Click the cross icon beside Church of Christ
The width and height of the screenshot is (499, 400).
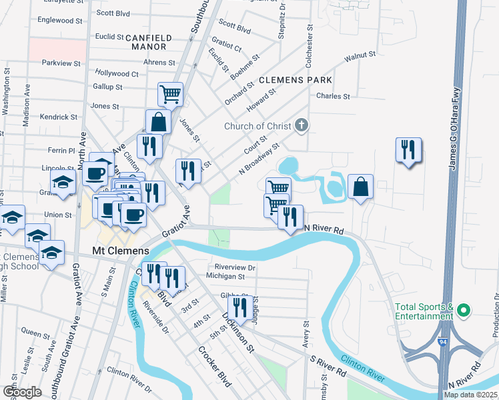click(x=302, y=125)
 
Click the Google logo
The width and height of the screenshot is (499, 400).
click(x=22, y=392)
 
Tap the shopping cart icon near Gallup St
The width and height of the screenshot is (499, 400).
click(x=171, y=94)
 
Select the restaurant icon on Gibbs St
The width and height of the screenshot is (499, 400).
click(x=241, y=306)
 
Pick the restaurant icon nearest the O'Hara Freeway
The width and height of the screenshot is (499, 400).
click(x=408, y=149)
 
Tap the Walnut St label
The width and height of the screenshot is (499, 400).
click(x=361, y=59)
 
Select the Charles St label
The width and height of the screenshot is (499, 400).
click(x=333, y=97)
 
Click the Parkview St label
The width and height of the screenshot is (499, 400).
click(x=61, y=63)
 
